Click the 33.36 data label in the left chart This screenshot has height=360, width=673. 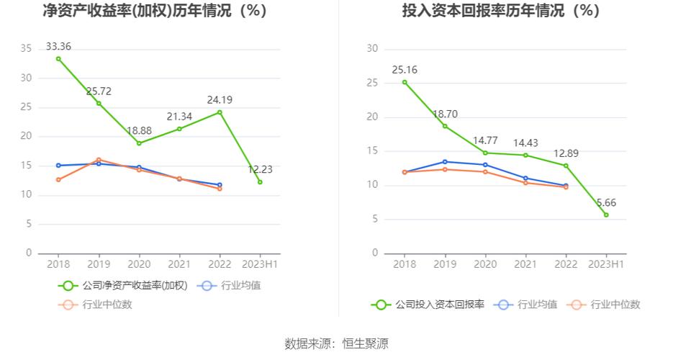point(58,46)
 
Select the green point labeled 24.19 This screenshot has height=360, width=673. point(220,112)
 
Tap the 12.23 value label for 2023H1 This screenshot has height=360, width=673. point(260,168)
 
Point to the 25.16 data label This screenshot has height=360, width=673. point(405,70)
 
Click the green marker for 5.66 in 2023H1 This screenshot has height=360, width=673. point(606,215)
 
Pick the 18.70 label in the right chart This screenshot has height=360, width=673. point(445,114)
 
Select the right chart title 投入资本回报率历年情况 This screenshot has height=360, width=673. point(501,11)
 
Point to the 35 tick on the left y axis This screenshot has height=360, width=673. point(26,48)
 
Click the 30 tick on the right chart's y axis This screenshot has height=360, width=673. point(373,48)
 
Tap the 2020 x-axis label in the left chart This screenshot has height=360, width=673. point(139,264)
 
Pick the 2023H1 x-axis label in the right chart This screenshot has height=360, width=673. point(606,264)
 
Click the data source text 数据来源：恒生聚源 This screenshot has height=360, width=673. point(336,343)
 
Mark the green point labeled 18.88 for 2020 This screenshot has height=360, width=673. point(139,143)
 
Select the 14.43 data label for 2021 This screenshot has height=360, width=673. point(525,143)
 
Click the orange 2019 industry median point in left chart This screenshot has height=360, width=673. point(99,159)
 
